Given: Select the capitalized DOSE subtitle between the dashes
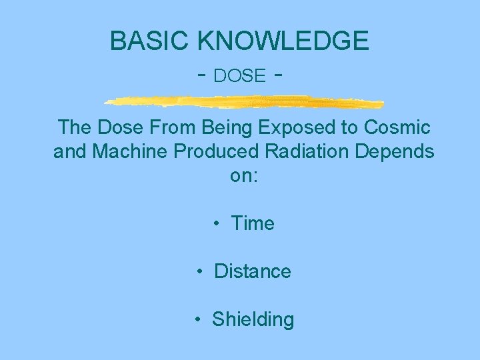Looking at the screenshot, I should pos(240,76).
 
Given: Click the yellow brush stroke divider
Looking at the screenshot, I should pos(244,102).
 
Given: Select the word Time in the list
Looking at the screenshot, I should pos(253,223).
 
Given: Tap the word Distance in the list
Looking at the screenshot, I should pos(253,271).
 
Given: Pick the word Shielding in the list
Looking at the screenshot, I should pos(253,320).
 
